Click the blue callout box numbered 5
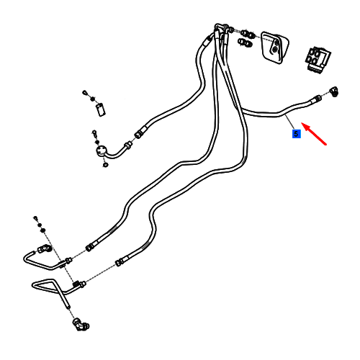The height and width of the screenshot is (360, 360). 296,134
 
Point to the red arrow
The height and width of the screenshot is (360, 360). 314,134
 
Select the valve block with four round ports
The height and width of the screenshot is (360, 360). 318,59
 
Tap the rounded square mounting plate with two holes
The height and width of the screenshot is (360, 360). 274,47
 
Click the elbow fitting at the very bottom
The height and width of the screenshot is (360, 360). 81,324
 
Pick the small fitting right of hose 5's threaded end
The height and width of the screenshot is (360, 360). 334,91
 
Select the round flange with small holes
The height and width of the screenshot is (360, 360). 101,152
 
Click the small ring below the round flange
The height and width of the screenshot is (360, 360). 105,165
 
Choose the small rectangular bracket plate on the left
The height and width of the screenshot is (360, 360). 101,109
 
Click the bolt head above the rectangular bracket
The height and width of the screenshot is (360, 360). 84,92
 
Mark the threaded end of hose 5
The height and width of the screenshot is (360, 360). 315,99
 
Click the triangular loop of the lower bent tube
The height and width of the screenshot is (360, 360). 45,284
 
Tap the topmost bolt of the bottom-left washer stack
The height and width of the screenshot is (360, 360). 35,218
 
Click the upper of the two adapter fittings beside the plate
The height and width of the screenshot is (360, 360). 247,34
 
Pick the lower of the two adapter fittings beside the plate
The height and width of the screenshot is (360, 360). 245,42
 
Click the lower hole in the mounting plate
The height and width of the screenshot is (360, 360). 274,50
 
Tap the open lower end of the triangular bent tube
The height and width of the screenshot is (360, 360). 68,306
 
